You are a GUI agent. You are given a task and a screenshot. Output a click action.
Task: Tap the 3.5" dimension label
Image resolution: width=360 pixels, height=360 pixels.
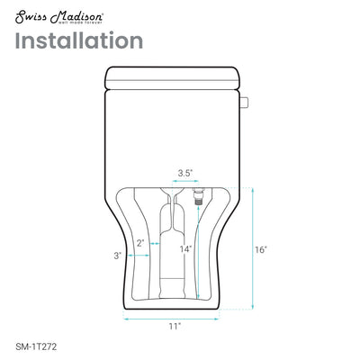pyautogui.click(x=185, y=171)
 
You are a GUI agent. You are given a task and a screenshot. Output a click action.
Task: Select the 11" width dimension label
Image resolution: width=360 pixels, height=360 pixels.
pyautogui.click(x=173, y=325)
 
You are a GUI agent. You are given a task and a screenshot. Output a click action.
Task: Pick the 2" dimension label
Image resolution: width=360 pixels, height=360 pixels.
pyautogui.click(x=140, y=243)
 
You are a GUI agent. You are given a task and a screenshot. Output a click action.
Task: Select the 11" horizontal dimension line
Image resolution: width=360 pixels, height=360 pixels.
pyautogui.click(x=174, y=316)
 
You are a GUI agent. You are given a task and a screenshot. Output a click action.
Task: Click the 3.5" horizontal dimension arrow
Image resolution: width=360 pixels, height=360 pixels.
pyautogui.click(x=185, y=181)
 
